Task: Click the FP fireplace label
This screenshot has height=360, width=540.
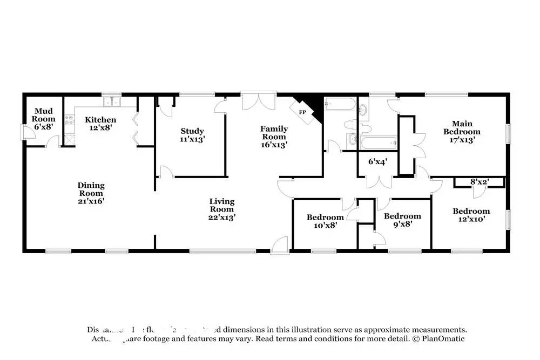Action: pos(303,112)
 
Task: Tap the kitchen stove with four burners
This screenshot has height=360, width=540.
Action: pos(69,121)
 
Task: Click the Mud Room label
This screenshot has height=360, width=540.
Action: pos(43,114)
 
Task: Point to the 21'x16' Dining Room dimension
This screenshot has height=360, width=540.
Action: pos(91,201)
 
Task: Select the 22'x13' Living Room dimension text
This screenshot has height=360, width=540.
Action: pos(222,217)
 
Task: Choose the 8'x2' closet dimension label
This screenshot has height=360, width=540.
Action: pos(479,182)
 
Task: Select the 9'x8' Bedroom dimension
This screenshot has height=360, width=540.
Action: pos(402,225)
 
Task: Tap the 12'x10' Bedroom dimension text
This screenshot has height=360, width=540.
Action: pos(471,219)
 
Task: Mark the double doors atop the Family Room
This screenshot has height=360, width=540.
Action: pos(259,102)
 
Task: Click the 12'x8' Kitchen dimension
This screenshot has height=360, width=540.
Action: pos(101,128)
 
